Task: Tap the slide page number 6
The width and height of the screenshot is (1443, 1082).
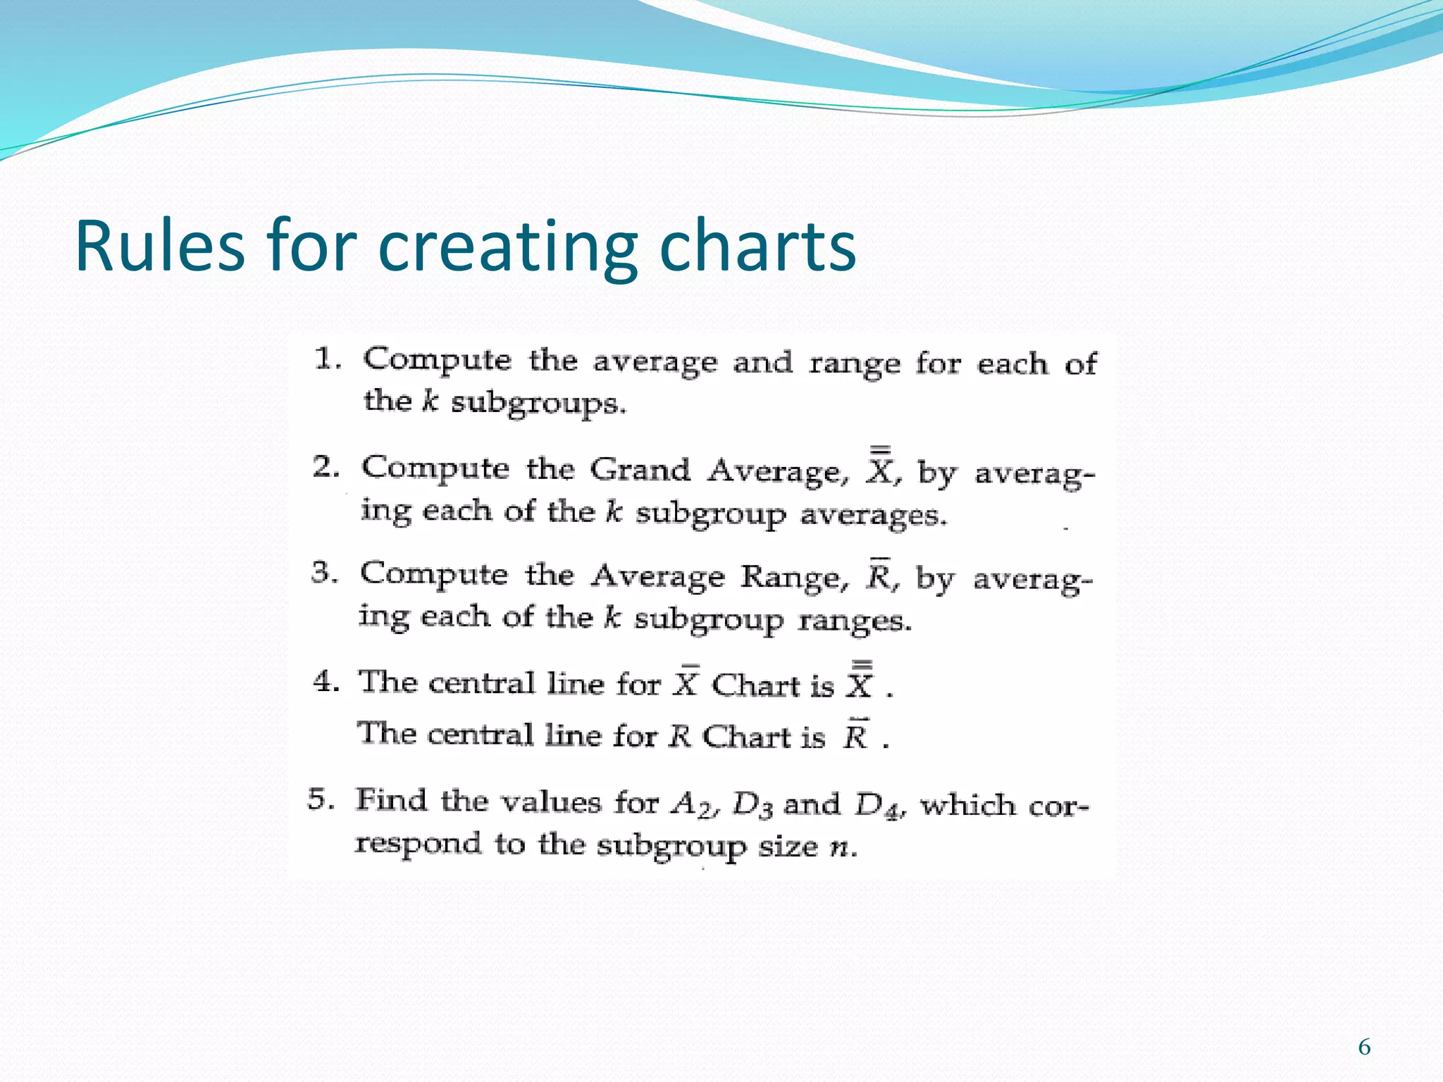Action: tap(1364, 1047)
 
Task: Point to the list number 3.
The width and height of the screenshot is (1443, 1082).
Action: tap(323, 572)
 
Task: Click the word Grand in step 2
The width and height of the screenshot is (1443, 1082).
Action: tap(640, 470)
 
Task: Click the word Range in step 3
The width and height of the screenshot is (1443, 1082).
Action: tap(791, 577)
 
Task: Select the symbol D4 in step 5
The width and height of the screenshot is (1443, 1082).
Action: tap(877, 805)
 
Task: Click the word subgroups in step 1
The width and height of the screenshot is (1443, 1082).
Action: tap(537, 404)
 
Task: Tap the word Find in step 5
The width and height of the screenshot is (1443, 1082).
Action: tap(391, 800)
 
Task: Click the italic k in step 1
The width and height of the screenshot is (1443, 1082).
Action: tap(430, 401)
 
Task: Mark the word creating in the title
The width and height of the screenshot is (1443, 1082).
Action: tap(507, 246)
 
